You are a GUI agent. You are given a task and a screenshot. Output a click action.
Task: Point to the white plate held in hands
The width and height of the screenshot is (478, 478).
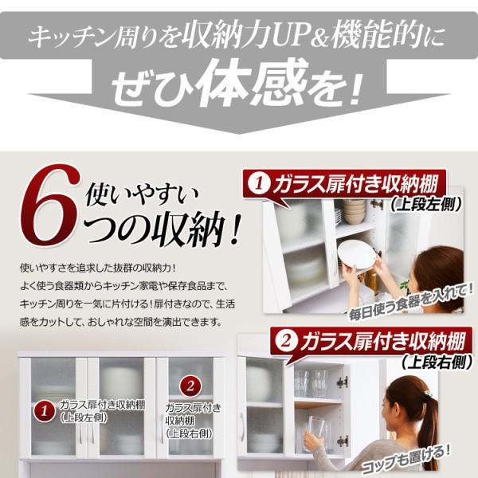pos(357,255)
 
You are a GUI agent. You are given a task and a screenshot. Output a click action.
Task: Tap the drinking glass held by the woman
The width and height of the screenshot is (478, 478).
pos(315,430)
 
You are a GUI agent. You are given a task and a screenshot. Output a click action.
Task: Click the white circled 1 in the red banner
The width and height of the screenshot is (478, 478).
pos(259,183)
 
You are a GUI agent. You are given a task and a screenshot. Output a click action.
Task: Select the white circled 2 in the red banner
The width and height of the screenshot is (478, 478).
pos(286,342)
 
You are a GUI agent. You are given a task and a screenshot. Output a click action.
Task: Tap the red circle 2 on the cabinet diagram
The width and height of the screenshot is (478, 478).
pos(190,386)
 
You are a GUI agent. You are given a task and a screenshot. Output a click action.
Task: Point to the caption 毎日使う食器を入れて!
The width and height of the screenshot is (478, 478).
pos(411,301)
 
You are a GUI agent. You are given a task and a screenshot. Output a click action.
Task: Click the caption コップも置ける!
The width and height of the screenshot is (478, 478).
pos(406,461)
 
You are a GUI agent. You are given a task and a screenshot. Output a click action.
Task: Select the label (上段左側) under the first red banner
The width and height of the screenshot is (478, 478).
pos(426,205)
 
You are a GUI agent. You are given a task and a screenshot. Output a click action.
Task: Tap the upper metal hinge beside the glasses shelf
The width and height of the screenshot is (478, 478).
pos(343,382)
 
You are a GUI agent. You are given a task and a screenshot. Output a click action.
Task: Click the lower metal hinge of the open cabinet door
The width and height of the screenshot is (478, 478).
pos(343,441)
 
